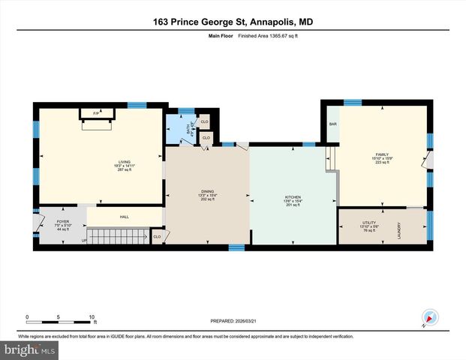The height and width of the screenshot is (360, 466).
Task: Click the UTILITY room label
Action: click(x=368, y=223)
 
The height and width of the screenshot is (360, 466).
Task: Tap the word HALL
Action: click(x=125, y=217)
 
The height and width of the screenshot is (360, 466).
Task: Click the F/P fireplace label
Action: click(x=96, y=113)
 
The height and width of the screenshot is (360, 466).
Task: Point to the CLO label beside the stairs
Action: click(x=157, y=237)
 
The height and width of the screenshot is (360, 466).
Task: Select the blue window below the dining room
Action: click(x=236, y=247)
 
